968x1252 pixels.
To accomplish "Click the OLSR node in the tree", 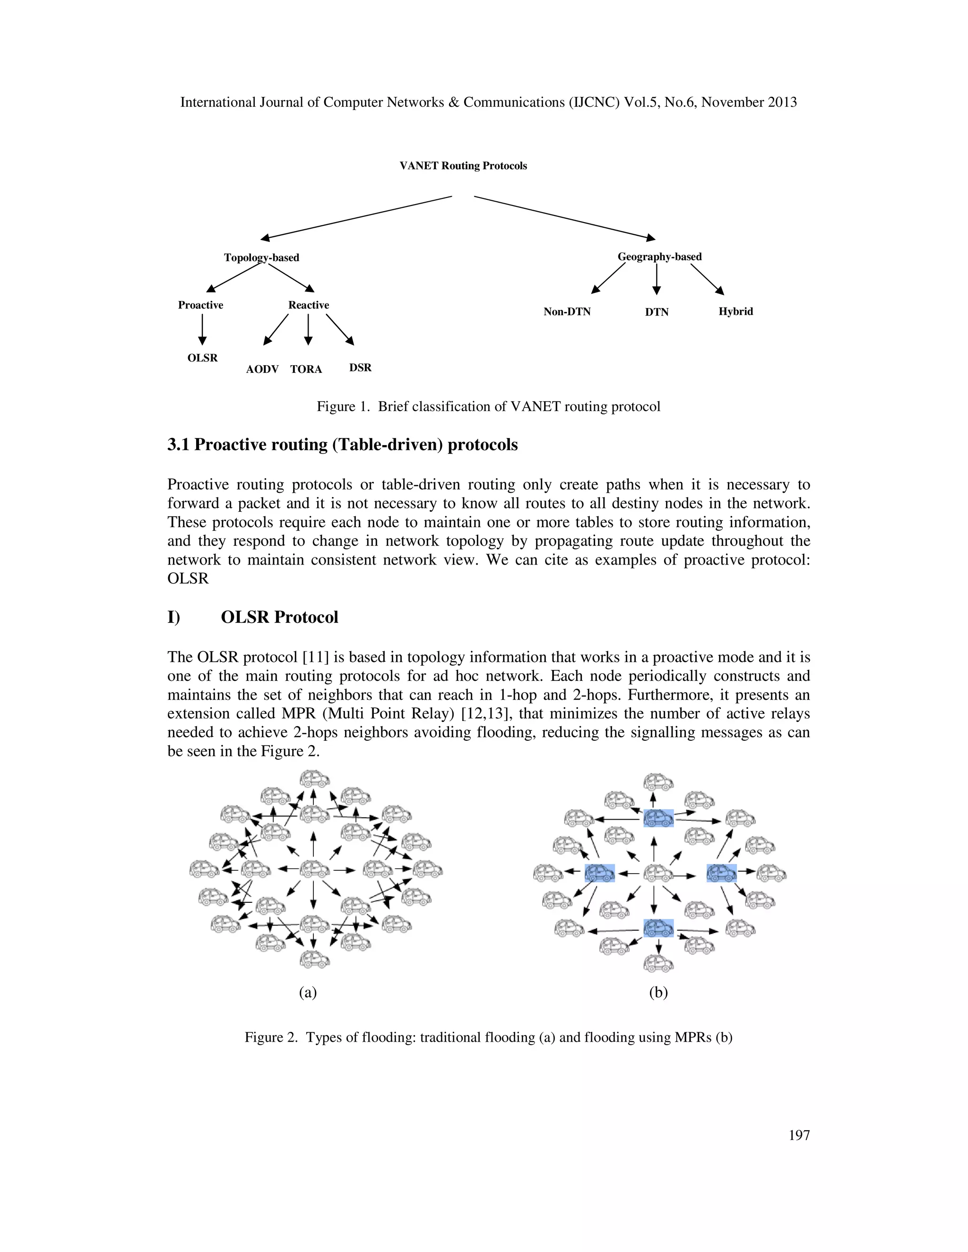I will (x=202, y=358).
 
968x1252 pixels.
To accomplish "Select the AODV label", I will (x=262, y=369).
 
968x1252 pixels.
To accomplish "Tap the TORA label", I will (x=306, y=369).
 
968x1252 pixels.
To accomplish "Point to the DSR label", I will (x=360, y=368).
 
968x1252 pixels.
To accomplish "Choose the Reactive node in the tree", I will (x=309, y=305).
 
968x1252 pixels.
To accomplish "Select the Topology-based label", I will (x=261, y=257).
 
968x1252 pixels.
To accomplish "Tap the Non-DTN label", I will (x=567, y=312).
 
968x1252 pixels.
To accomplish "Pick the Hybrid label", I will (x=736, y=311).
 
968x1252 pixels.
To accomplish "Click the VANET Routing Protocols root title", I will (x=463, y=166).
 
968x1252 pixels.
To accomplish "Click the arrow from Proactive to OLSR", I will (x=202, y=331).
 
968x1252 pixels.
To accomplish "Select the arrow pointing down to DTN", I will (x=657, y=280).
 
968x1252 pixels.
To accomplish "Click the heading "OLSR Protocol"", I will (x=279, y=617).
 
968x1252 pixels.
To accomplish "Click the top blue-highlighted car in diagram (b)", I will (x=658, y=817).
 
